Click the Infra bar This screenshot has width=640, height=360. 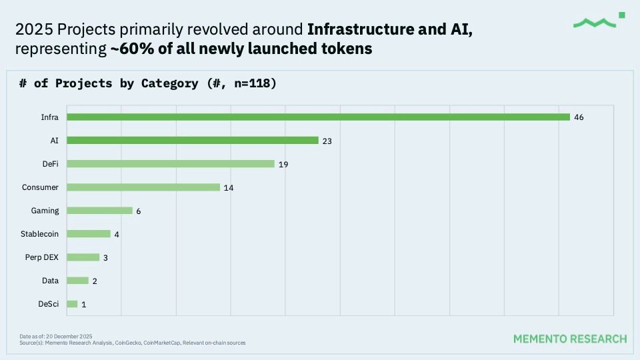[319, 117]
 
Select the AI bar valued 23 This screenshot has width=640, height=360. [193, 141]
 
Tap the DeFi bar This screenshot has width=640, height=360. [171, 164]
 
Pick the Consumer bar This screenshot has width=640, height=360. [143, 187]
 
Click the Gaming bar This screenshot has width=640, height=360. [100, 211]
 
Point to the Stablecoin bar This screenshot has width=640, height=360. [89, 234]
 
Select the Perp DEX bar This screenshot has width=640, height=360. [83, 257]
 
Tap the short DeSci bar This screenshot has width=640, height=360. [73, 304]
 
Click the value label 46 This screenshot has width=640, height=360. [579, 117]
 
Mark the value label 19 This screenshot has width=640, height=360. [283, 164]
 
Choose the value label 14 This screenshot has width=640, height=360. [229, 187]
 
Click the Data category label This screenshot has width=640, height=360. [51, 281]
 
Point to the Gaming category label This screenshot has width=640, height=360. [45, 211]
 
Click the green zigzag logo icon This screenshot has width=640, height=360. [595, 23]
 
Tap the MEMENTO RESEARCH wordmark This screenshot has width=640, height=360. [570, 339]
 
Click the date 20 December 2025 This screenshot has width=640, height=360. [69, 336]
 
